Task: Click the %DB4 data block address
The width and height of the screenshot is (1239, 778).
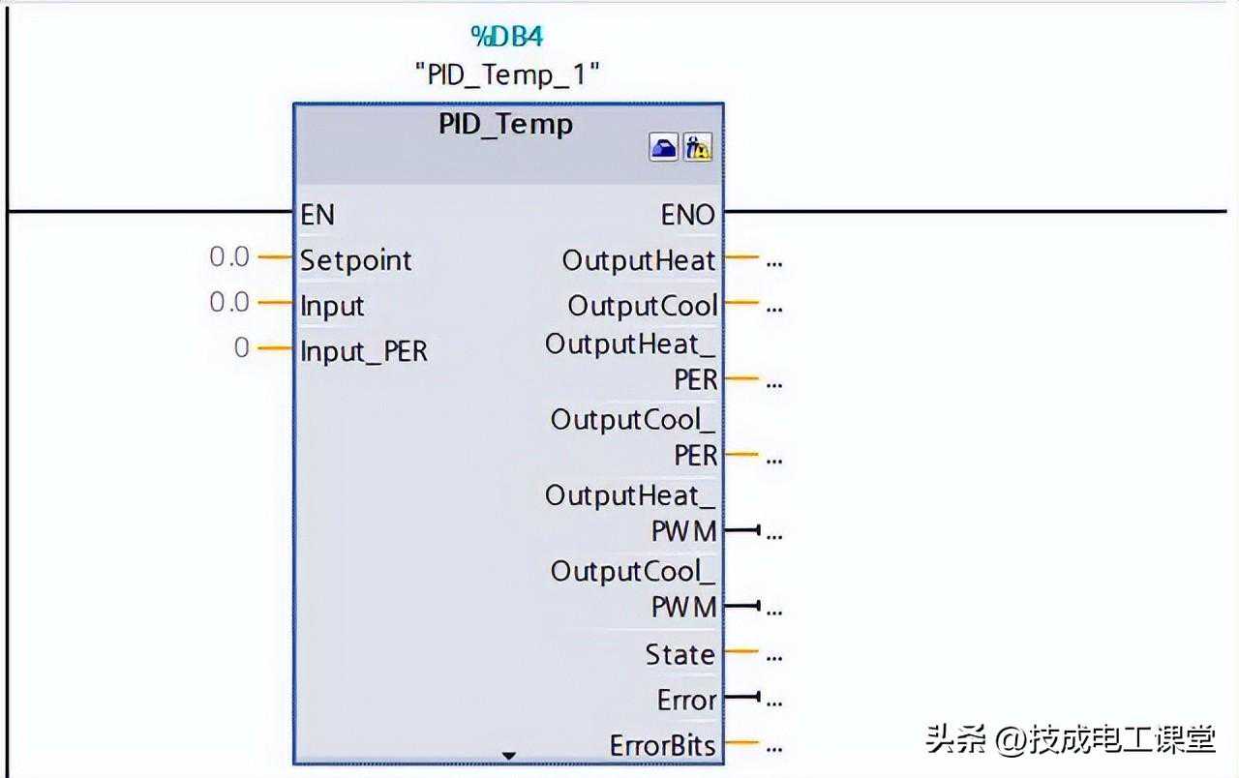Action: pos(506,37)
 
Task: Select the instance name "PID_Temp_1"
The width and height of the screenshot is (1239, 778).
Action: pos(507,75)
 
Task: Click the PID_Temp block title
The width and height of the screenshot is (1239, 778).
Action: pos(505,125)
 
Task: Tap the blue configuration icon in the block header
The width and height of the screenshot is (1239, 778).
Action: pos(663,148)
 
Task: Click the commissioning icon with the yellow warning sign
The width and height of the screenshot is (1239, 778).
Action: pos(698,148)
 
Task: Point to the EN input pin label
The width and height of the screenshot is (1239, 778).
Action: pos(317,214)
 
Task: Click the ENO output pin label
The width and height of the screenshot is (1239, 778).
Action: pos(687,215)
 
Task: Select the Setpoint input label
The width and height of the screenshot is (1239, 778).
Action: pos(355,260)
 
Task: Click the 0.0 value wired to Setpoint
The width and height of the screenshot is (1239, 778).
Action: pos(229,257)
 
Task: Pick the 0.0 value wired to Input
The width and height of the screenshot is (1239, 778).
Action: pos(229,303)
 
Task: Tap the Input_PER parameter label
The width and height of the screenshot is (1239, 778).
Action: pos(363,351)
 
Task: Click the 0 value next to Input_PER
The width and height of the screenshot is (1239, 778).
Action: pos(242,348)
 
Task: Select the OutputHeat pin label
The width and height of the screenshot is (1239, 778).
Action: pos(639,260)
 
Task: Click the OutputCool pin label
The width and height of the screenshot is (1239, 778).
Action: pos(642,306)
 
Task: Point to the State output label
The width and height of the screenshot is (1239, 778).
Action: pos(680,655)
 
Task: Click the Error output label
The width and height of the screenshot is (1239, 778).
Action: pos(686,701)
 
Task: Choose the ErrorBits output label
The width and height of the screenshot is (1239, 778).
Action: pos(662,746)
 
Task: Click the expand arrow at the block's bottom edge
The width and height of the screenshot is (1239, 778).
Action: pos(509,756)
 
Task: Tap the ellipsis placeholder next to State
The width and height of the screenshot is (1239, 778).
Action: pos(773,657)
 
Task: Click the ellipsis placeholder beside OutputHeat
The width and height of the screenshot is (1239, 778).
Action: pos(773,262)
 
